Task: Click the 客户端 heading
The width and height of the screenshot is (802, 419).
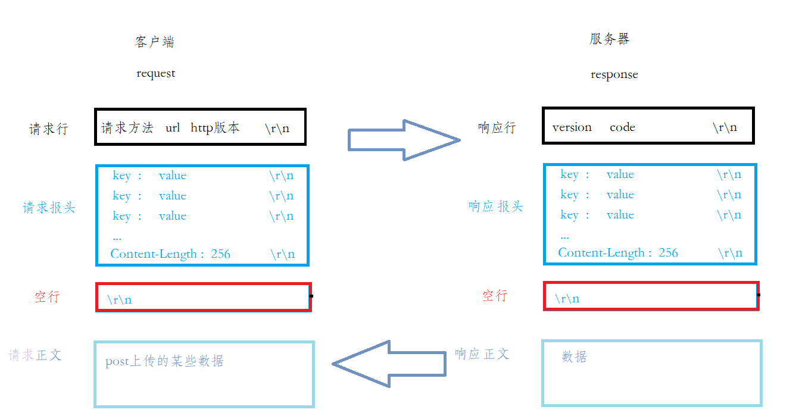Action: (x=155, y=42)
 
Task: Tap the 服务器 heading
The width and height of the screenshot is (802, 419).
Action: (x=610, y=39)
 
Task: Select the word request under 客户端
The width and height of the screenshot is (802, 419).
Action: (x=156, y=74)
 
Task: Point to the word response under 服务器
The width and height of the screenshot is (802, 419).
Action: (x=614, y=75)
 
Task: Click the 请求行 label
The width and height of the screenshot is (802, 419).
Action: (x=49, y=129)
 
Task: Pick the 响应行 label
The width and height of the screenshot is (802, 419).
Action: (x=497, y=127)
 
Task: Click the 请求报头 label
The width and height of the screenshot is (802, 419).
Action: (x=49, y=208)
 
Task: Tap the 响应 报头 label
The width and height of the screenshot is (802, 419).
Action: (x=495, y=207)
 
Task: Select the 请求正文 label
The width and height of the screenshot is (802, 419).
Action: (x=35, y=355)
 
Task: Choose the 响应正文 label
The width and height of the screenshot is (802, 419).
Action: (x=482, y=354)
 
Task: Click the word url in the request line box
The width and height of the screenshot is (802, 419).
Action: (x=173, y=128)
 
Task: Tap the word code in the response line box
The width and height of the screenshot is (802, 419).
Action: (x=622, y=127)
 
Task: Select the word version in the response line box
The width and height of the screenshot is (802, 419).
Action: (x=572, y=127)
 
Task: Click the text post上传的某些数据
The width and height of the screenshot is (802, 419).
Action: (x=164, y=361)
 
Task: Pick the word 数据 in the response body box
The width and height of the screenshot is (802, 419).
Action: (x=574, y=357)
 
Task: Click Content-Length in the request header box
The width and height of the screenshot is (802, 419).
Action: (x=154, y=254)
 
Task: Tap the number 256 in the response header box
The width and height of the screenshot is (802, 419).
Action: (x=668, y=253)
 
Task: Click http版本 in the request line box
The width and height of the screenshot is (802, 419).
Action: (x=215, y=128)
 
